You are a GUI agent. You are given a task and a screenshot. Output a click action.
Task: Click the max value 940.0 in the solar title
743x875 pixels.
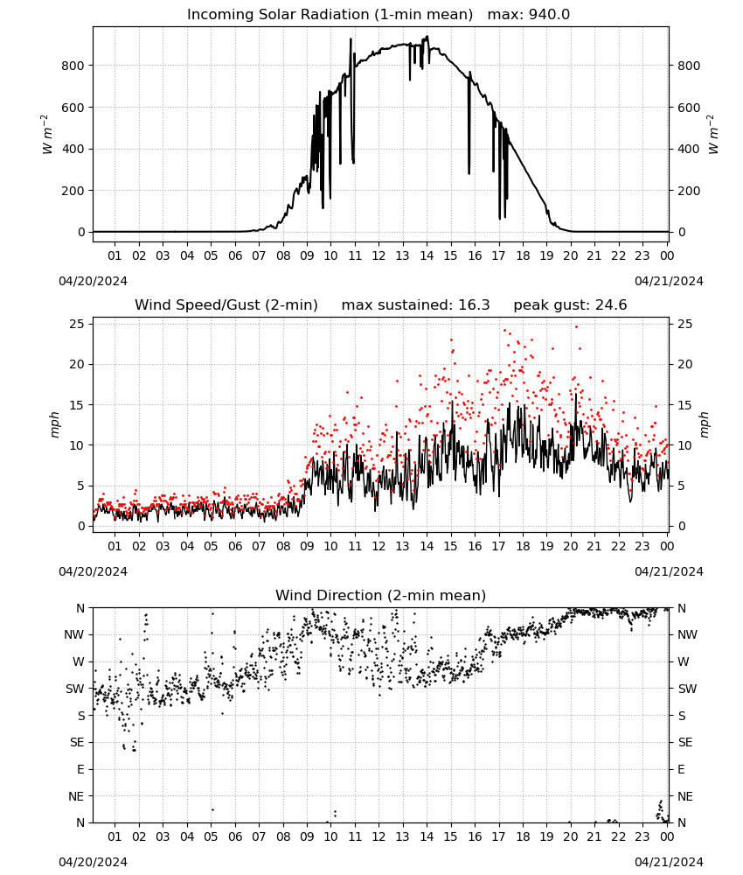(549, 15)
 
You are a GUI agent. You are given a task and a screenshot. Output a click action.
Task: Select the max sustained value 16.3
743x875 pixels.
(474, 305)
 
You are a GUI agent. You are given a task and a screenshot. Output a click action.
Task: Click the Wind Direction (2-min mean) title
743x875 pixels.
(381, 596)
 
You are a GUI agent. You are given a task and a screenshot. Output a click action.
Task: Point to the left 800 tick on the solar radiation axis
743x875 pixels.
(73, 66)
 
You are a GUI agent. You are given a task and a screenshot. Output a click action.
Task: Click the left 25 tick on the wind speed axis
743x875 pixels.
(78, 325)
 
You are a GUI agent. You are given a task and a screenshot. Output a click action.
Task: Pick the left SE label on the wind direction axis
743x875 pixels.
(77, 743)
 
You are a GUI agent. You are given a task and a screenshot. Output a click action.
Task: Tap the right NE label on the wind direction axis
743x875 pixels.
(685, 797)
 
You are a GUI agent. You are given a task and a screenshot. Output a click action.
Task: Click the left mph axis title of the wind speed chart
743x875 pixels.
(54, 424)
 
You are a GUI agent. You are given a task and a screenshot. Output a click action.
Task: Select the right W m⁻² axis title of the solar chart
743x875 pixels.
(713, 135)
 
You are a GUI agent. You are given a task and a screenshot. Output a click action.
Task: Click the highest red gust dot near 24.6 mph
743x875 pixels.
(576, 327)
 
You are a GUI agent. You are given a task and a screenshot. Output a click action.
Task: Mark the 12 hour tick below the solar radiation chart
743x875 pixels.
(379, 256)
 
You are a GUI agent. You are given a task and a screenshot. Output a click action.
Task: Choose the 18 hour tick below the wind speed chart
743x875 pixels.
(523, 546)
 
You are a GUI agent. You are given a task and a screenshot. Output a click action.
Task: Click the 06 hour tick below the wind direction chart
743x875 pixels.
(235, 837)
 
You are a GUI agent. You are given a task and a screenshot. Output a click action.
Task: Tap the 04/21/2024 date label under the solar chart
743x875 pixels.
(669, 281)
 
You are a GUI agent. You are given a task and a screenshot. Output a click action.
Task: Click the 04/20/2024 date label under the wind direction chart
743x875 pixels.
(93, 862)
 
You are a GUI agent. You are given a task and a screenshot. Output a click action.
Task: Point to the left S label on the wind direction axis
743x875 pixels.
(81, 716)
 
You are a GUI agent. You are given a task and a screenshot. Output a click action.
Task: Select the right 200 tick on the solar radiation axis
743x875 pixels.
(689, 191)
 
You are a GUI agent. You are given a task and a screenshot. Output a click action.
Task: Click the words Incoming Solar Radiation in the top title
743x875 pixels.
(278, 15)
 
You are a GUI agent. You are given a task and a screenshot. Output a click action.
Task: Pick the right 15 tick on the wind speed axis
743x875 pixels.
(685, 405)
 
